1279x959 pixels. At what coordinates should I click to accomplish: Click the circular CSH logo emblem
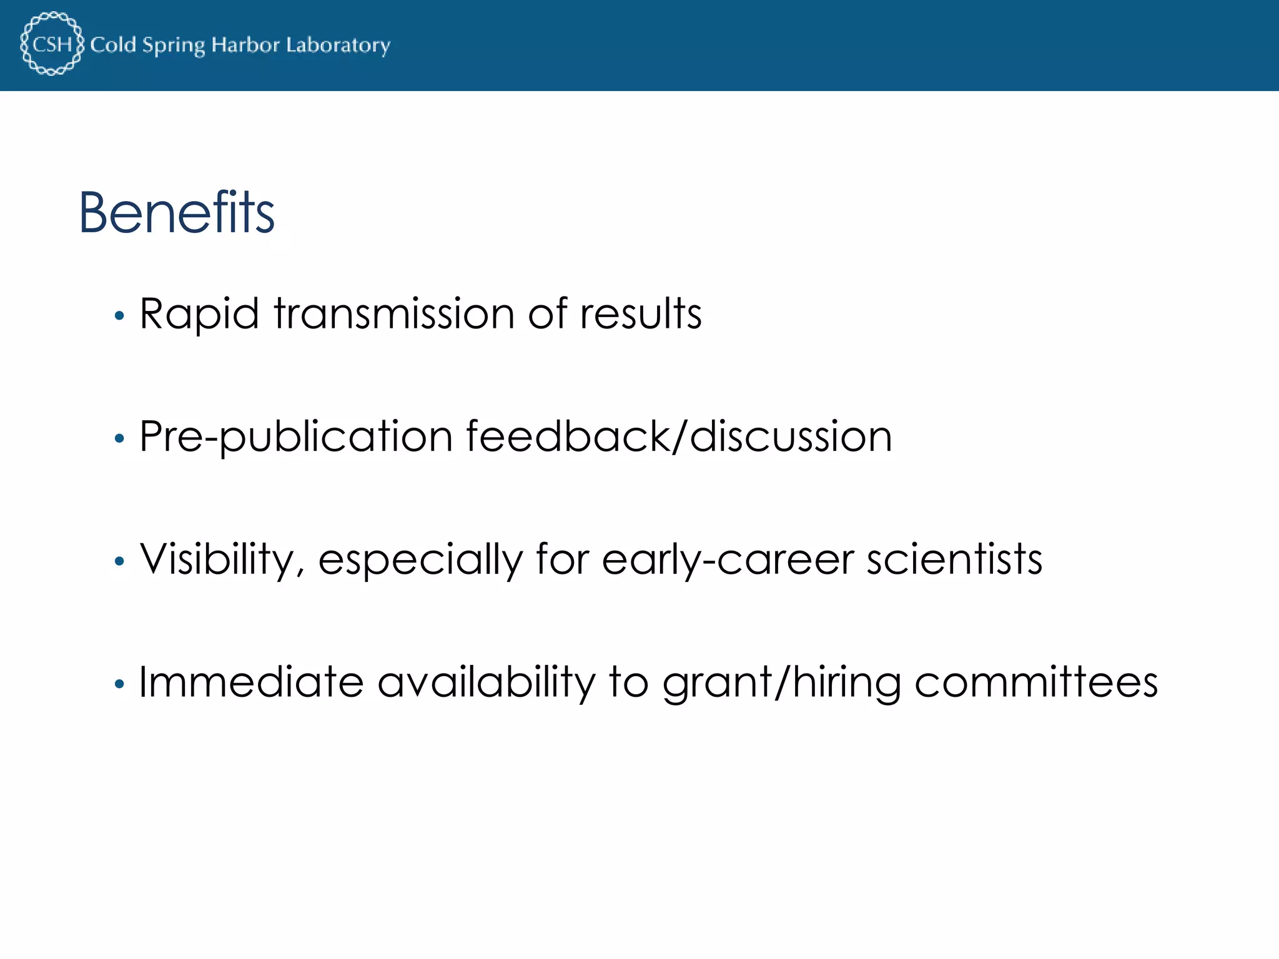click(x=52, y=44)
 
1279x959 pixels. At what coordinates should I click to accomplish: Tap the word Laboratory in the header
click(x=338, y=46)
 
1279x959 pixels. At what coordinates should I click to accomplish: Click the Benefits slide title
click(x=177, y=213)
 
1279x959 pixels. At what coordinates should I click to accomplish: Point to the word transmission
click(x=394, y=313)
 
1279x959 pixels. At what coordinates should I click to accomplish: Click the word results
click(x=641, y=313)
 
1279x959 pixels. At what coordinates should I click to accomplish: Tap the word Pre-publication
click(x=296, y=436)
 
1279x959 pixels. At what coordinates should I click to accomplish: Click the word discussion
click(x=791, y=436)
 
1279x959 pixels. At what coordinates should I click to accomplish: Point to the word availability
click(x=487, y=682)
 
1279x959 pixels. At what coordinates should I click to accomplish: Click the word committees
click(x=1036, y=682)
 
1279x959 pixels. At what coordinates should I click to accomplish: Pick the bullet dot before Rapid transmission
click(x=119, y=317)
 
